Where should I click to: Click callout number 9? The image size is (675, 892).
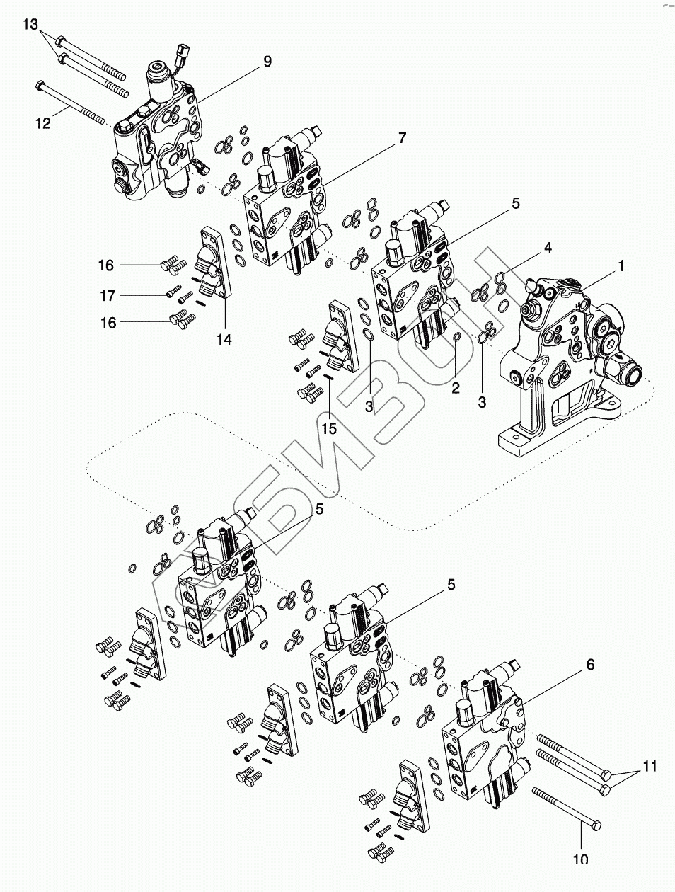267,62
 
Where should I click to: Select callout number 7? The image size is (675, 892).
402,137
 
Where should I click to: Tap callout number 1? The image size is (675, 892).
621,266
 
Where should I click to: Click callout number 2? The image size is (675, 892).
456,387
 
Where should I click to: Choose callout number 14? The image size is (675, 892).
224,339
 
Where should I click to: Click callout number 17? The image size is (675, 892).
107,295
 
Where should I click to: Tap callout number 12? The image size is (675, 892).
43,123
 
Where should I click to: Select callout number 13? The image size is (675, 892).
30,25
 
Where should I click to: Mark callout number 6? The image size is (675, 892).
589,665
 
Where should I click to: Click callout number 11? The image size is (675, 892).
650,766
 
